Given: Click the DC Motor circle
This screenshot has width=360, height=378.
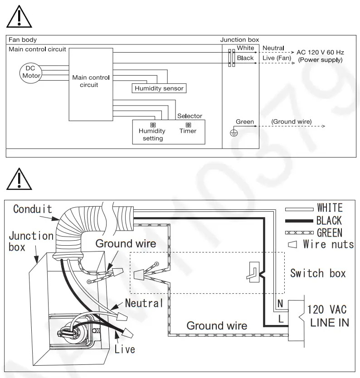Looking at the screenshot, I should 30,72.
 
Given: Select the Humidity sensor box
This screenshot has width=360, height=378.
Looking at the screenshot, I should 159,88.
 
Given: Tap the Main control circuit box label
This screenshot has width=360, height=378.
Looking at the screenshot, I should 91,81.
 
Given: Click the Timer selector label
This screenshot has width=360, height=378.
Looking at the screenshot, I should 188,131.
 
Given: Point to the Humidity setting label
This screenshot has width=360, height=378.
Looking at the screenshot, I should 152,135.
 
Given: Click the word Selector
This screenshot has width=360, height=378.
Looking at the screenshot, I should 190,116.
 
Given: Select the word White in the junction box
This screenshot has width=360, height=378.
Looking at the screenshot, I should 246,48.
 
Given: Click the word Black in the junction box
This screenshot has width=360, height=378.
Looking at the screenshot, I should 245,58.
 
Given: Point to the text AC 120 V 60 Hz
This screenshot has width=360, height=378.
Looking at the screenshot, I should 320,53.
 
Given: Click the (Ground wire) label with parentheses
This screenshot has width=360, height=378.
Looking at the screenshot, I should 291,122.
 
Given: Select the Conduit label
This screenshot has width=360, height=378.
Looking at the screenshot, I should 32,209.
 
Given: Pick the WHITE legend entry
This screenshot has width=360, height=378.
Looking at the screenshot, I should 330,208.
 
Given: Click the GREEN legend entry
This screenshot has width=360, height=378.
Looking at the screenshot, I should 330,233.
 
